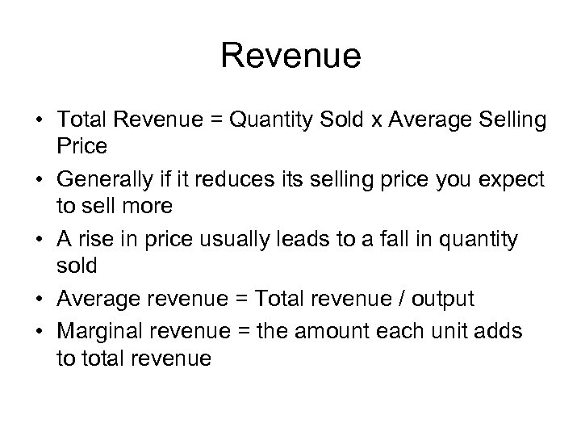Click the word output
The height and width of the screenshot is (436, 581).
(x=444, y=300)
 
